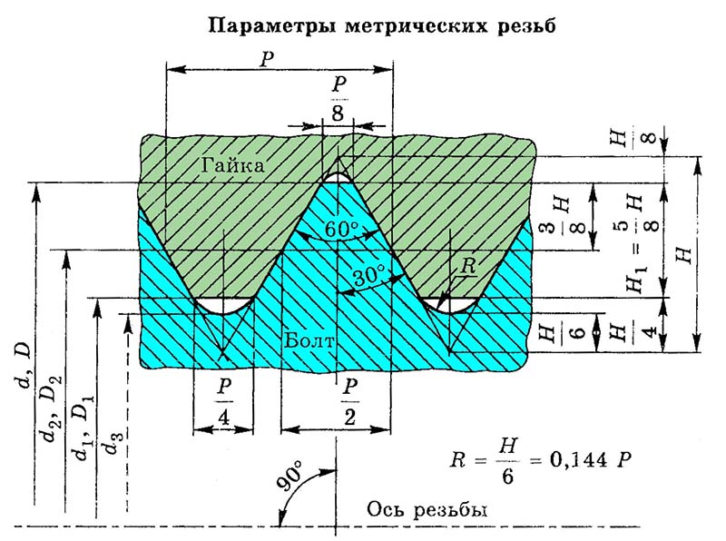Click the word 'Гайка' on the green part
235,165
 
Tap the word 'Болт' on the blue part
311,342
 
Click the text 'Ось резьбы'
427,509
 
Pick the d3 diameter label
113,445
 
